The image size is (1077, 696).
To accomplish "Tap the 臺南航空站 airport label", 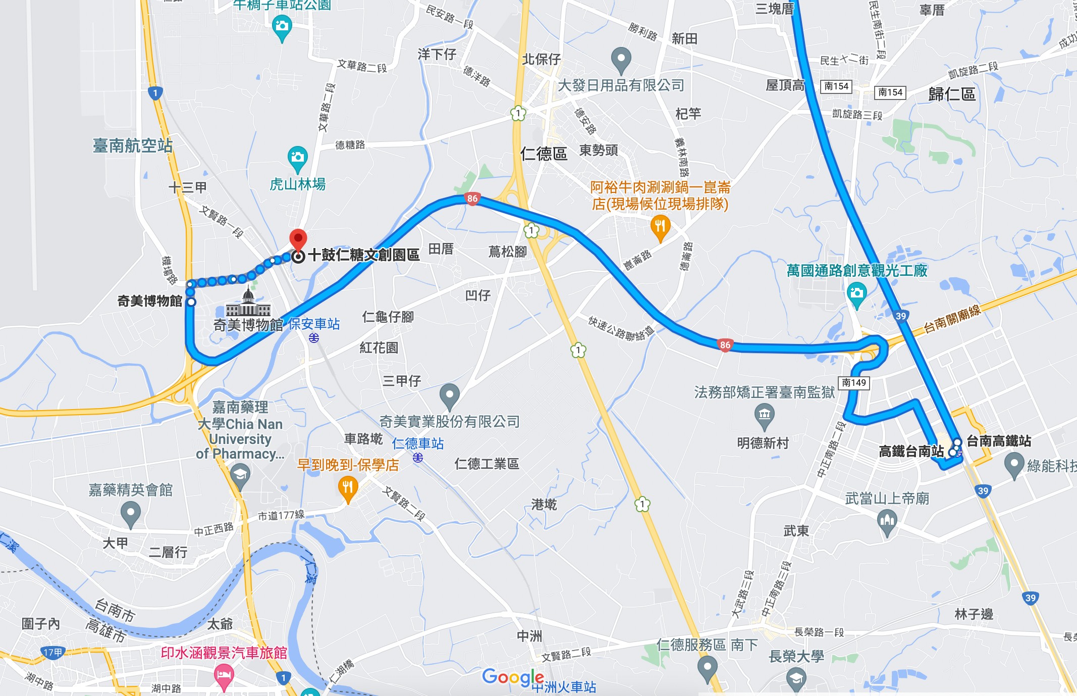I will point(133,146).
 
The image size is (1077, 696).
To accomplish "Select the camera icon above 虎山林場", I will point(297,158).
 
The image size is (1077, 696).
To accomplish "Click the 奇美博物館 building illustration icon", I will point(248,304).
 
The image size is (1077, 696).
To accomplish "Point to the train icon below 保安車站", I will point(314,338).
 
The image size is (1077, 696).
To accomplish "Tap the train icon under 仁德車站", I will point(418,458).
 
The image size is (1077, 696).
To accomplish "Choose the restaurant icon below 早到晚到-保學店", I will point(348,488).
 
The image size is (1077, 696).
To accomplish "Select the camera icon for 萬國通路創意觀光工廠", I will point(856,293).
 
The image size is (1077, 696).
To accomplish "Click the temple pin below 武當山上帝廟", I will point(887,521).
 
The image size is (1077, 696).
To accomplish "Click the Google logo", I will point(513,677).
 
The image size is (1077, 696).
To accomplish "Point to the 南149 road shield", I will point(854,382).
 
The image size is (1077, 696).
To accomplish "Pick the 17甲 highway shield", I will point(52,653).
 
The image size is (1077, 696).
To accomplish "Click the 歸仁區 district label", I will point(952,94).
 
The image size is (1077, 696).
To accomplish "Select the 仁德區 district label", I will point(544,153).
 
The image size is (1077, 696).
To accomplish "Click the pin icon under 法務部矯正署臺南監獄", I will point(764,416).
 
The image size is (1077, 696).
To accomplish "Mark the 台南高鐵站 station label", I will point(998,441).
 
